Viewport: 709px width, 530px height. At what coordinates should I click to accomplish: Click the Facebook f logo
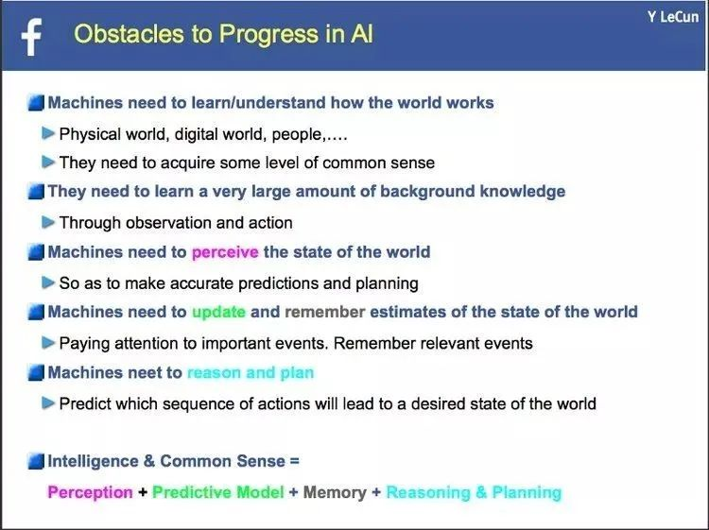(31, 37)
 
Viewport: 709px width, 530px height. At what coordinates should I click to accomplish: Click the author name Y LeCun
(673, 17)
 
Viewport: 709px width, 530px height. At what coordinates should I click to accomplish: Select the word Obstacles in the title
(130, 34)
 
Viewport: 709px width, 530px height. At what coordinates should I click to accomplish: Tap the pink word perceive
(225, 252)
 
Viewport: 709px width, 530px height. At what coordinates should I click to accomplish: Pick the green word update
(219, 312)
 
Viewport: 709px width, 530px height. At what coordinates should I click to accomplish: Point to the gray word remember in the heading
(324, 312)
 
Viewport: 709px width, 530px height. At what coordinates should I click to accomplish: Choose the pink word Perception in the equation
(91, 492)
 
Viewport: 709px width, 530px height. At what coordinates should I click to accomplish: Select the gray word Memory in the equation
(335, 492)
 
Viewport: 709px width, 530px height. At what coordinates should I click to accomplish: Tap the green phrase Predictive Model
(218, 492)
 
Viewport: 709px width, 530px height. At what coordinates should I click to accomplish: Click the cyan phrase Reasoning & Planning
(474, 492)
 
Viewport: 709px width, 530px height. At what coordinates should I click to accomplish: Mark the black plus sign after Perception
(143, 492)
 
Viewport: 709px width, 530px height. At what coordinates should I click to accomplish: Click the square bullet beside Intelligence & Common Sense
(36, 462)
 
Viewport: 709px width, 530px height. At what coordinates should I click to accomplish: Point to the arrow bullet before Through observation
(48, 222)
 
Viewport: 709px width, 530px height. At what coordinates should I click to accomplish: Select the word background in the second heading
(427, 191)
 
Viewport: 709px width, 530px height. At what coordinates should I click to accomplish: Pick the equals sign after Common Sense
(294, 461)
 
